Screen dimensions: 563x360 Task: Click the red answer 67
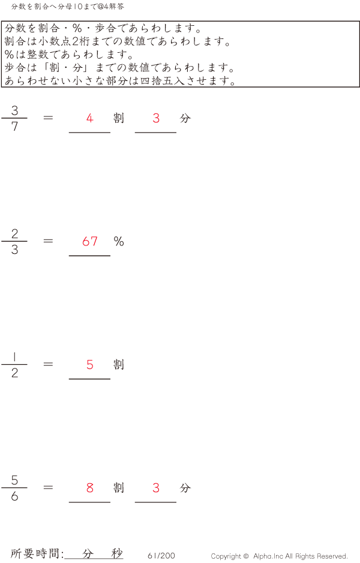coord(90,242)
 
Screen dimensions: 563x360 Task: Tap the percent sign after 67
coord(119,242)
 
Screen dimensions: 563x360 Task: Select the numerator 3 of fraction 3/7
coord(14,110)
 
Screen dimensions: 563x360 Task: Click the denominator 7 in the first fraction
coord(14,127)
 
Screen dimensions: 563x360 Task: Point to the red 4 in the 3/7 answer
coord(90,118)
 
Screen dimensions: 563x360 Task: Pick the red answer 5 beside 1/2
coord(90,365)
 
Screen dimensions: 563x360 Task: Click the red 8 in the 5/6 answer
coord(90,488)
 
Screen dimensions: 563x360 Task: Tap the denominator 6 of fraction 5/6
coord(14,497)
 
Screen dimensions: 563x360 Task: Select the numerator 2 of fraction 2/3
coord(14,233)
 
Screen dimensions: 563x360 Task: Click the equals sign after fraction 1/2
coord(49,364)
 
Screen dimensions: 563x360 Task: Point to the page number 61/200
coord(161,556)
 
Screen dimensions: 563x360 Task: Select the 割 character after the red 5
coord(119,365)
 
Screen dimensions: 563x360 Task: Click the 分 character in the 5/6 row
coord(185,488)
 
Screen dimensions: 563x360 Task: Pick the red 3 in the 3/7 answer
coord(156,118)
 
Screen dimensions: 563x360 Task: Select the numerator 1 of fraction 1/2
coord(14,357)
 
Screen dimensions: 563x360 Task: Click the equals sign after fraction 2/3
coord(49,241)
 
